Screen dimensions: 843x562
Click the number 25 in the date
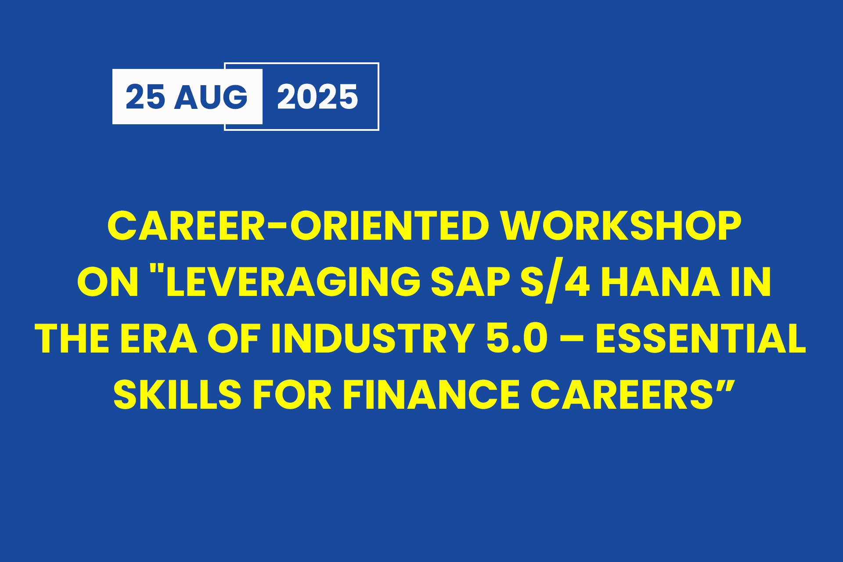tap(145, 97)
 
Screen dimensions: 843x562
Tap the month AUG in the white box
tap(211, 97)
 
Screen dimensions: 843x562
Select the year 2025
tap(317, 97)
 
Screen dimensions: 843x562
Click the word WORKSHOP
tap(621, 226)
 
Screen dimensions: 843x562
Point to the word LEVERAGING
tap(293, 281)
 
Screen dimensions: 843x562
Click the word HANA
tap(660, 281)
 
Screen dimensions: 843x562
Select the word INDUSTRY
tap(373, 338)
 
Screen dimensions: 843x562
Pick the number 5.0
tap(517, 338)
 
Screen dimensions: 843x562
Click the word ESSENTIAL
tap(701, 338)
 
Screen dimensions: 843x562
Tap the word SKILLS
tap(177, 395)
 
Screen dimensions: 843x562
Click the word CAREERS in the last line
tap(622, 395)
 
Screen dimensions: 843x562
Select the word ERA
tap(159, 338)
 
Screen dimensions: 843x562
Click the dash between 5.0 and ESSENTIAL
tap(572, 340)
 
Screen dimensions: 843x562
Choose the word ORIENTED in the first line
tap(389, 226)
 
